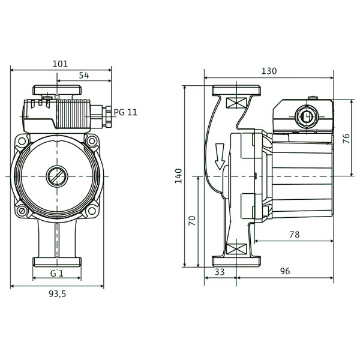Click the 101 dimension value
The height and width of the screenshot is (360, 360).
pyautogui.click(x=60, y=64)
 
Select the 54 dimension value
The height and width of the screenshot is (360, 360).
pyautogui.click(x=84, y=76)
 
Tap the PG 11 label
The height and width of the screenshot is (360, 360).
pyautogui.click(x=125, y=112)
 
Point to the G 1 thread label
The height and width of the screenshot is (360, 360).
pyautogui.click(x=57, y=274)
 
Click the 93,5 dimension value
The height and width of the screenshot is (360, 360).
pyautogui.click(x=57, y=294)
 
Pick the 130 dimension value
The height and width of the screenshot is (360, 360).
pyautogui.click(x=269, y=71)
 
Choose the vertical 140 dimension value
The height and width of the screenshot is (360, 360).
pyautogui.click(x=179, y=176)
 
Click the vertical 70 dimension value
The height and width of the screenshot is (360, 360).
pyautogui.click(x=192, y=221)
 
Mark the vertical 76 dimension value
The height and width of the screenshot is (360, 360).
pyautogui.click(x=346, y=139)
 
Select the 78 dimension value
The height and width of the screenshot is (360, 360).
pyautogui.click(x=295, y=235)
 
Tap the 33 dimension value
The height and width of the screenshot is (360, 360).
pyautogui.click(x=220, y=272)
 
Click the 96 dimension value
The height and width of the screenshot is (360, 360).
pyautogui.click(x=285, y=271)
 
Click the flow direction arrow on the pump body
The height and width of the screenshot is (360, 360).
pyautogui.click(x=220, y=157)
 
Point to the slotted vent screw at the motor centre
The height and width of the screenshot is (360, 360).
pyautogui.click(x=57, y=176)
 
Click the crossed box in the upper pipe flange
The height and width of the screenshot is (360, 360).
pyautogui.click(x=236, y=103)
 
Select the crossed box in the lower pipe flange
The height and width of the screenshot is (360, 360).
pyautogui.click(x=236, y=249)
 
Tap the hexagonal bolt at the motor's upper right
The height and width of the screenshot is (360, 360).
pyautogui.click(x=92, y=141)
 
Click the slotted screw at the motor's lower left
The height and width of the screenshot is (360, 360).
pyautogui.click(x=22, y=210)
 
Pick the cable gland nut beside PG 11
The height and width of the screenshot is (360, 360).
pyautogui.click(x=107, y=116)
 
